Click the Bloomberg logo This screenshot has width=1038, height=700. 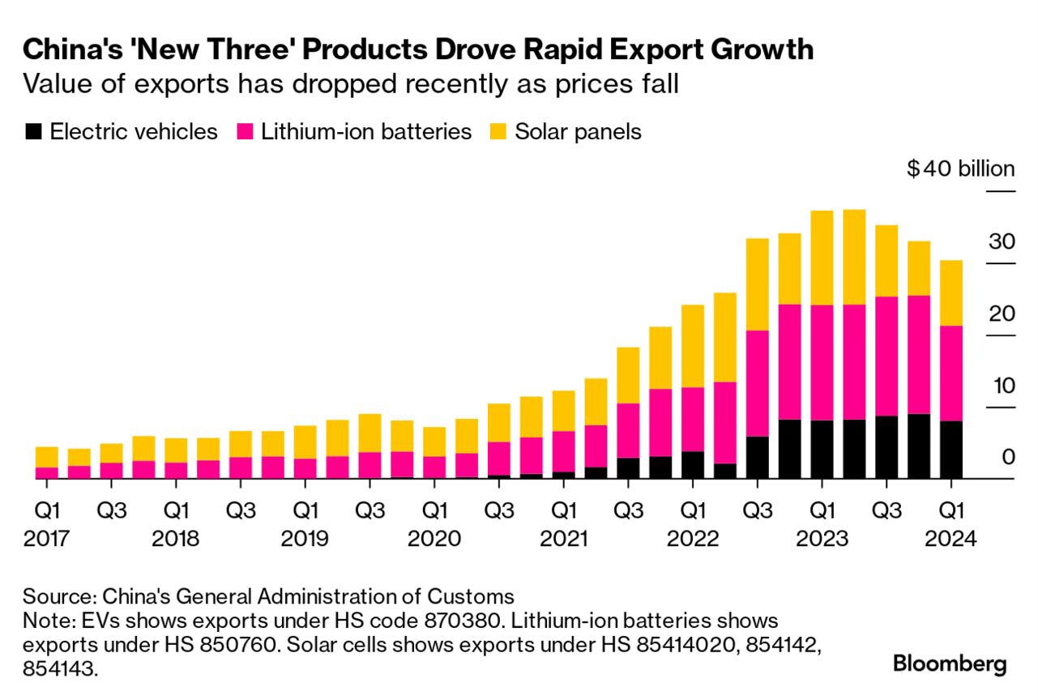click(x=950, y=664)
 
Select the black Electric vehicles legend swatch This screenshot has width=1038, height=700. click(x=33, y=132)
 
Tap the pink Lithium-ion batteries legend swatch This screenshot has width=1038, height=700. click(x=245, y=132)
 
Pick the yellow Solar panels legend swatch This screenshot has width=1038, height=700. click(x=499, y=132)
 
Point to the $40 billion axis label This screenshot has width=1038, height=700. click(x=960, y=169)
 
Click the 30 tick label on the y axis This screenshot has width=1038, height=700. click(x=1001, y=241)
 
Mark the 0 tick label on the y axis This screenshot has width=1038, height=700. click(x=1008, y=457)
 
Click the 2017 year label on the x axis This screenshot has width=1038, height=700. click(x=46, y=539)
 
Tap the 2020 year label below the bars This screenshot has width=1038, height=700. click(x=435, y=539)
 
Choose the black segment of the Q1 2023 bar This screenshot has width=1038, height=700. click(x=822, y=449)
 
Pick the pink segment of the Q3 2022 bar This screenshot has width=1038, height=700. click(x=757, y=383)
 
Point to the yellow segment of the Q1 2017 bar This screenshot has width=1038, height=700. click(x=46, y=457)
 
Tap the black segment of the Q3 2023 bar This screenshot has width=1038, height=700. click(x=886, y=446)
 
